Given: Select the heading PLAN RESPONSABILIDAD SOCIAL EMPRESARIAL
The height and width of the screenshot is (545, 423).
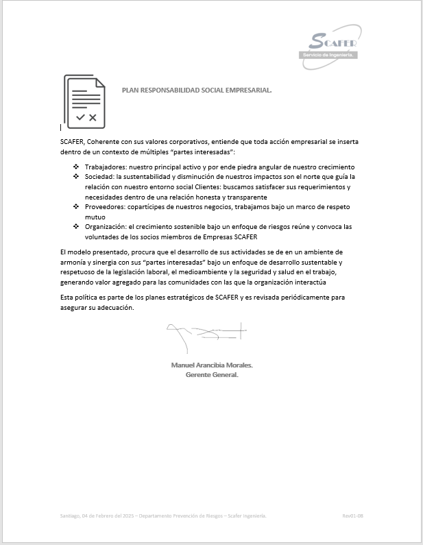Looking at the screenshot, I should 197,90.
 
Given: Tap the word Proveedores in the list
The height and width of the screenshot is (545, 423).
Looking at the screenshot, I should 104,206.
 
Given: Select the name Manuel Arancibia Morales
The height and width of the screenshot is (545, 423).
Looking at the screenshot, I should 212,365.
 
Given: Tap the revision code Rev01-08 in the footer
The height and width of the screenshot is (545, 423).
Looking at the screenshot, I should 352,516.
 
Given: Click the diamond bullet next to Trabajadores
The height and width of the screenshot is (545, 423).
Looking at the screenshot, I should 76,167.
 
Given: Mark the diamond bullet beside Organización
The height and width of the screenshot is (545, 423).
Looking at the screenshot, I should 76,226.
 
